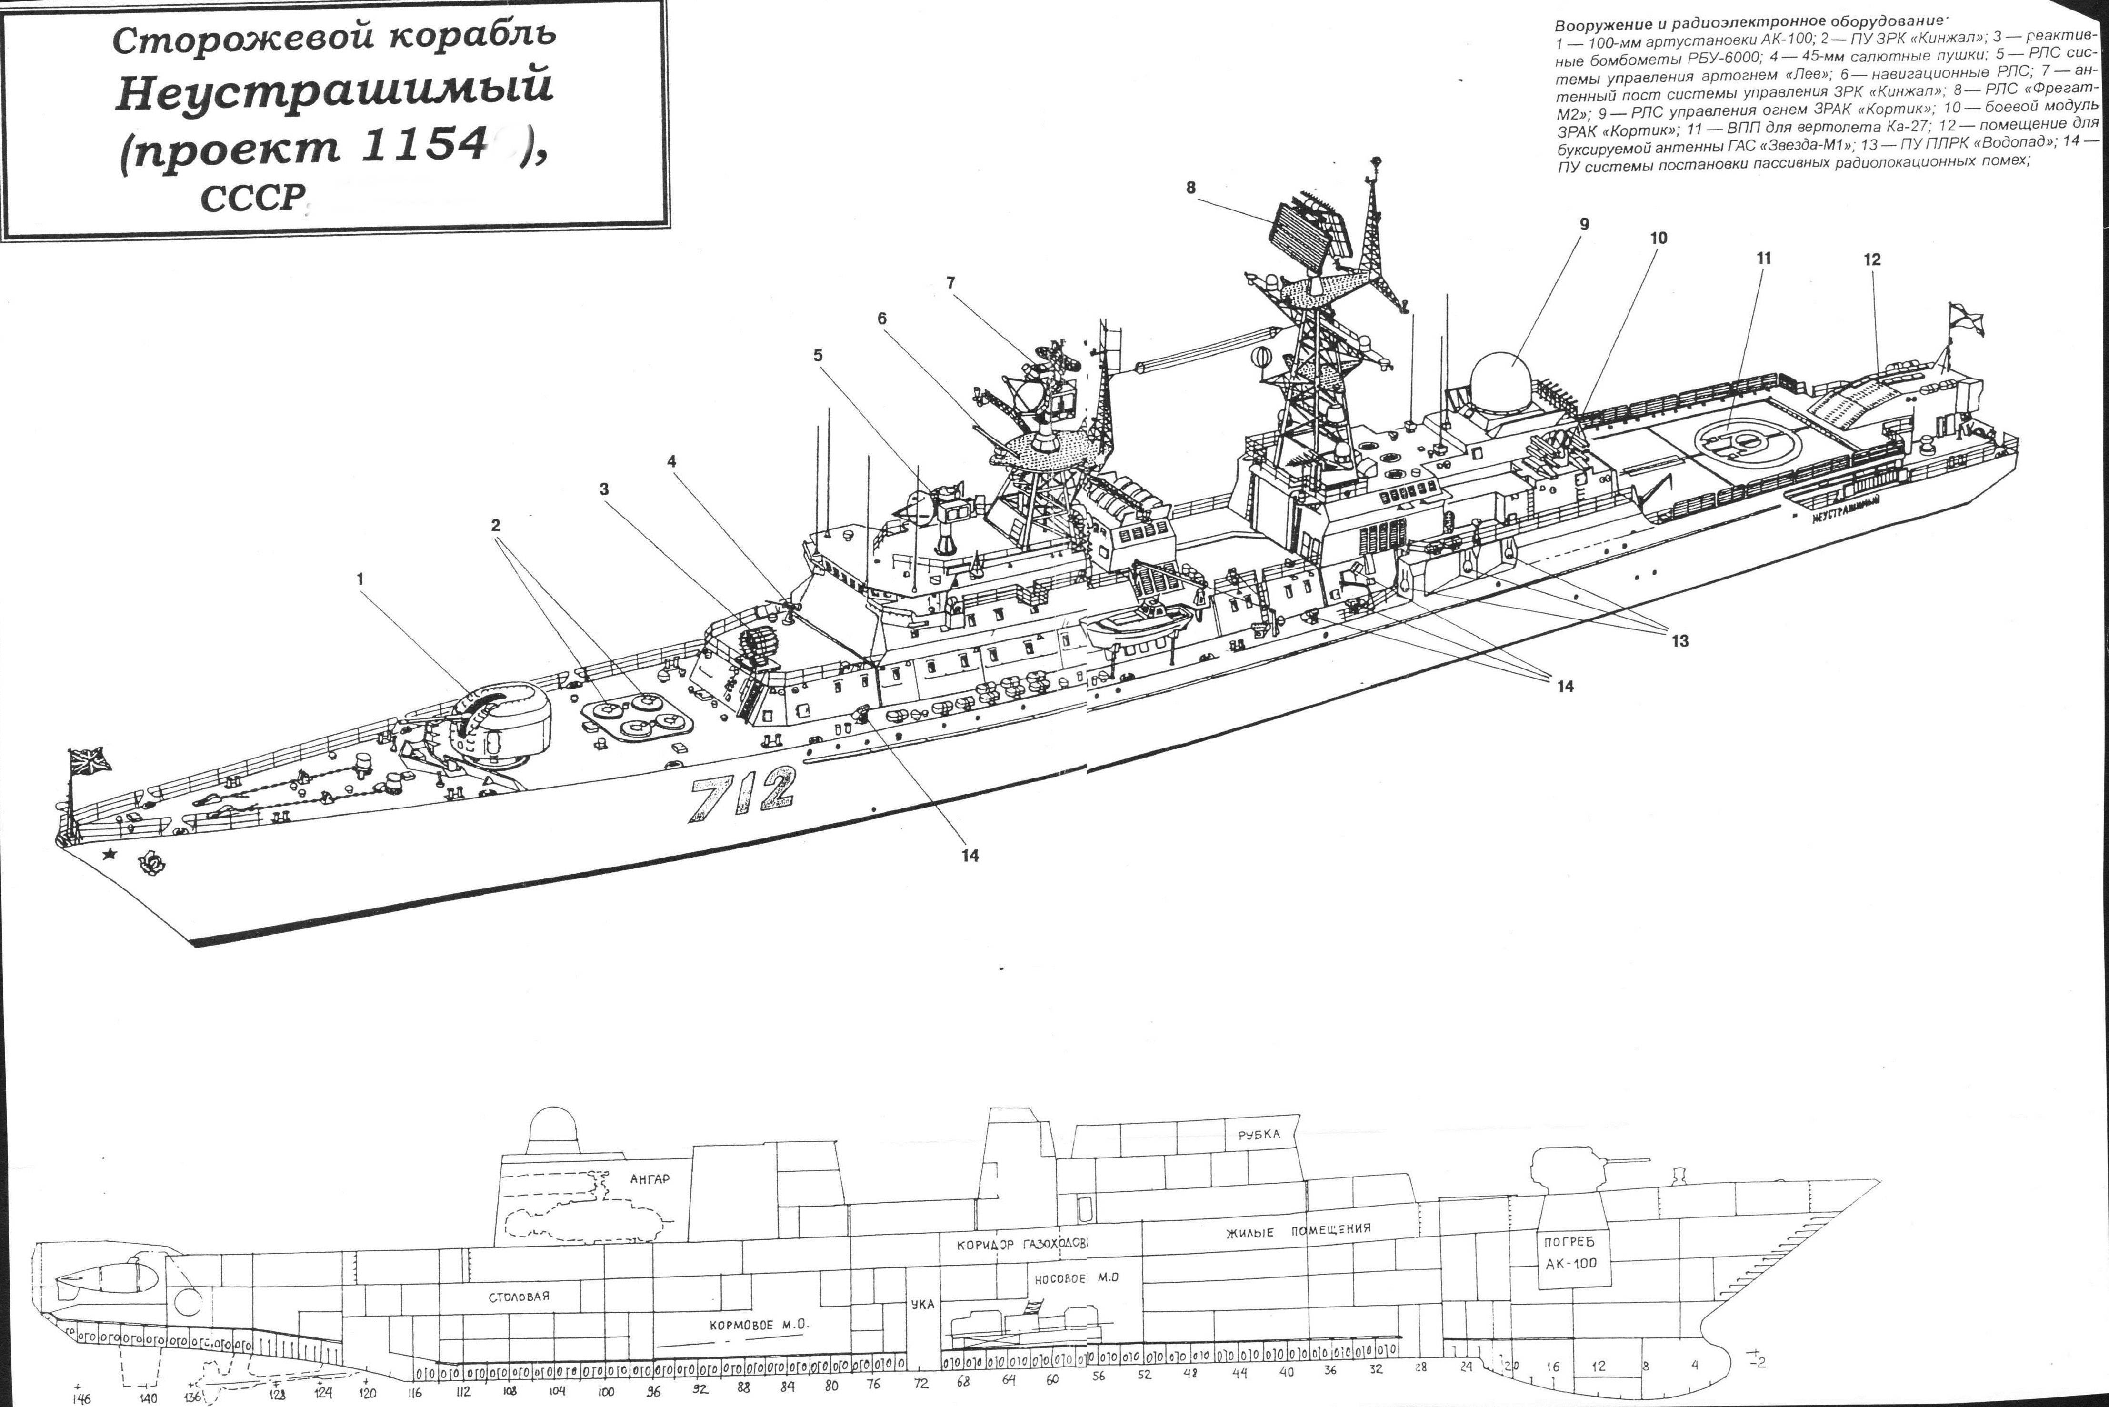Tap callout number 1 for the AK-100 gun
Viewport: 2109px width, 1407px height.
point(361,579)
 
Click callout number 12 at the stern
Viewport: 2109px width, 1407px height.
point(1871,260)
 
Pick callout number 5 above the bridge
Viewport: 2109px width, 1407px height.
point(818,355)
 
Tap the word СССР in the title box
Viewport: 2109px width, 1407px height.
point(249,198)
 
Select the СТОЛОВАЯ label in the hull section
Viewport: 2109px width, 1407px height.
point(519,1297)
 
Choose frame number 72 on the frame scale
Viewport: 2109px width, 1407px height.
point(921,1385)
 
